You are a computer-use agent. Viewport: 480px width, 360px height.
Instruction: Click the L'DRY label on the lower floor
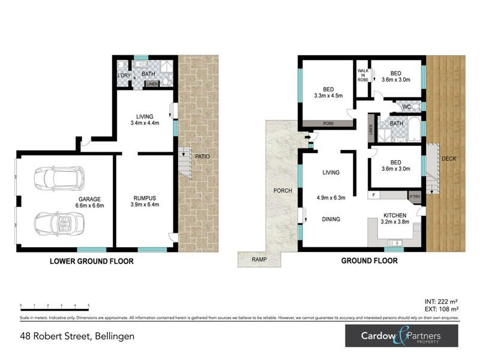pos(124,75)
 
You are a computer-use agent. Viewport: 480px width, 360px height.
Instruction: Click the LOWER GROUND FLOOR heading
pos(91,262)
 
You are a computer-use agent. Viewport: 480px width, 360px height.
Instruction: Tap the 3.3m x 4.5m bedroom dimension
pos(328,95)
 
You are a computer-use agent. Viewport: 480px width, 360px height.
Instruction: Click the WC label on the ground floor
pos(406,107)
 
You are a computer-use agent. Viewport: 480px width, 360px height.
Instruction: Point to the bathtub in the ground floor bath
pos(413,128)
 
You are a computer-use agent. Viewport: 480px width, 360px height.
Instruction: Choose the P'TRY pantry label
pos(415,196)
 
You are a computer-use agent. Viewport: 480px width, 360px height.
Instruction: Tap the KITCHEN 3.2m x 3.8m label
pos(395,218)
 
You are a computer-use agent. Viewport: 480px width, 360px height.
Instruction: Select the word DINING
pos(331,220)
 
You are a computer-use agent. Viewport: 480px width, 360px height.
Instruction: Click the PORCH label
pos(283,191)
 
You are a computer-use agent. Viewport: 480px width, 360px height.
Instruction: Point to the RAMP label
pos(259,260)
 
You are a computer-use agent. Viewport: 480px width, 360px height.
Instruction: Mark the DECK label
pos(448,159)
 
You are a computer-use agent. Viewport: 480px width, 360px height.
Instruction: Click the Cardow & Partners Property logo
pos(401,336)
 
